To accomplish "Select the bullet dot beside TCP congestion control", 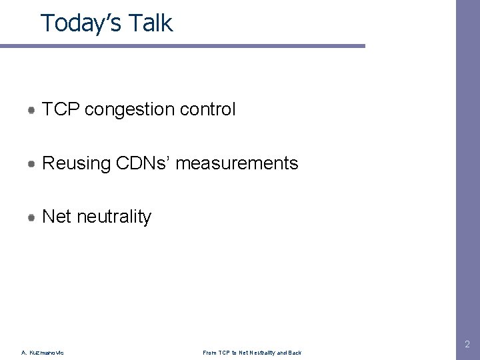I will [31, 109].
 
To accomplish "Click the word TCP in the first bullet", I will [61, 109].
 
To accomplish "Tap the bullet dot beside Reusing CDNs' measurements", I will [31, 163].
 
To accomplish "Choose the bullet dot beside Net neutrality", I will [31, 217].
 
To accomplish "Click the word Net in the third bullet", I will [57, 217].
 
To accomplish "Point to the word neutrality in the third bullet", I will [114, 217].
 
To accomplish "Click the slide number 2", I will [467, 345].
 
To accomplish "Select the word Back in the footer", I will [294, 353].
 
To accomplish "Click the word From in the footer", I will [209, 353].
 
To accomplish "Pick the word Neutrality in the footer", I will [259, 353].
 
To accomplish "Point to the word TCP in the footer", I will [223, 353].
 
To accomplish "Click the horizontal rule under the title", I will [183, 46].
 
